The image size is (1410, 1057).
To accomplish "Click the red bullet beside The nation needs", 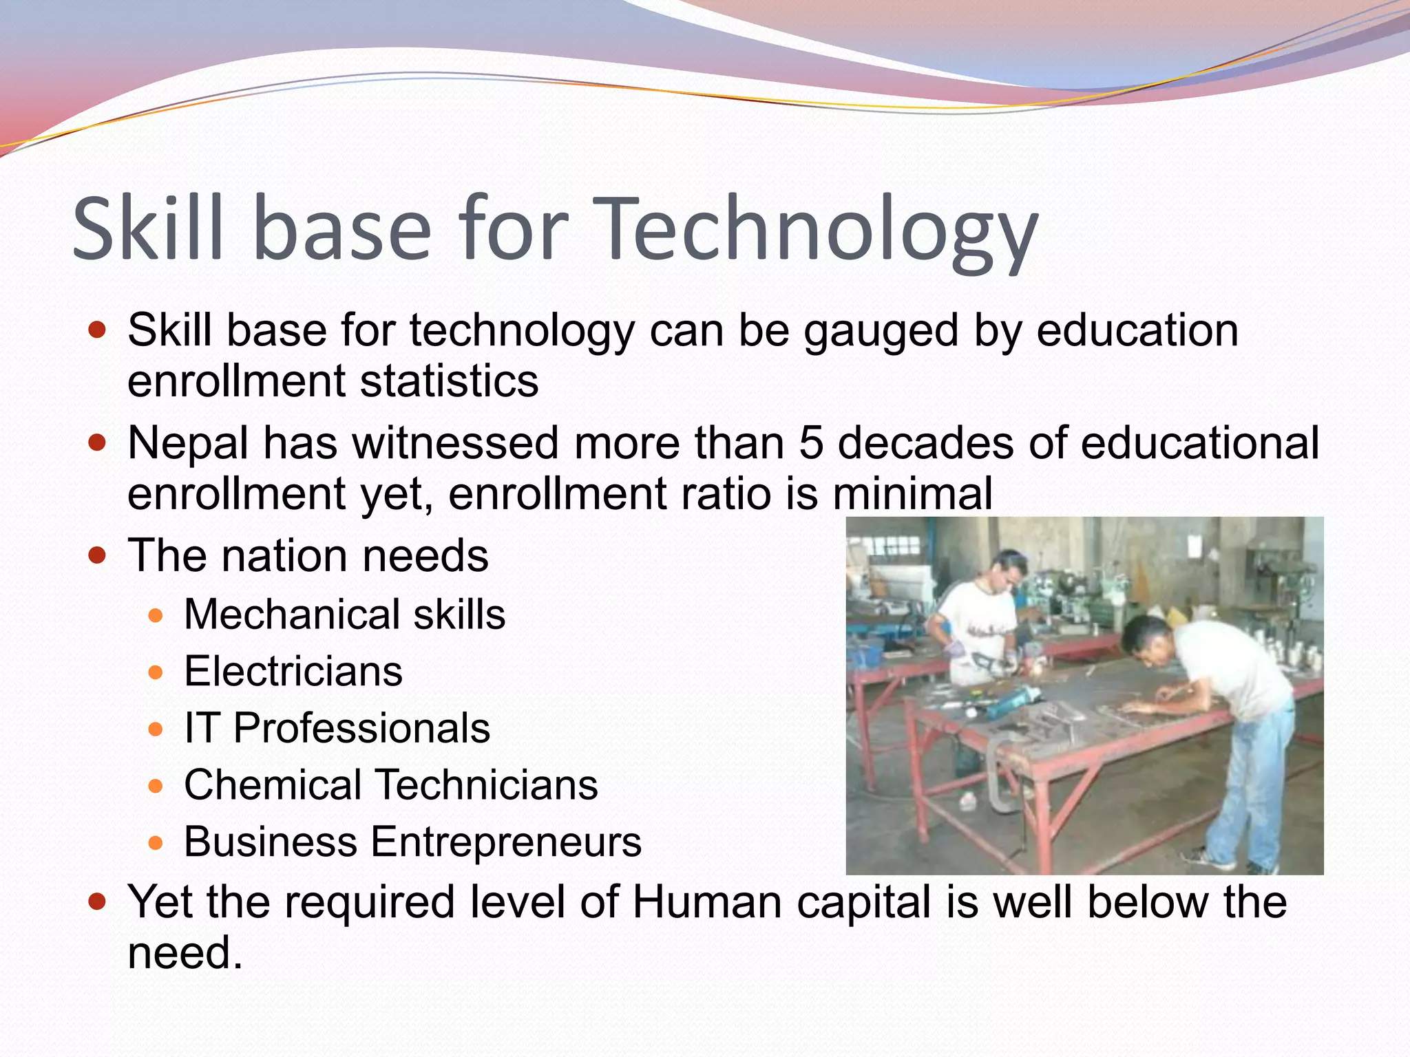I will [x=97, y=555].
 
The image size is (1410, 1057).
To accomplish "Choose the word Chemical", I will [x=273, y=785].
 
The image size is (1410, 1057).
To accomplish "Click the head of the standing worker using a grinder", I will [x=1006, y=568].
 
